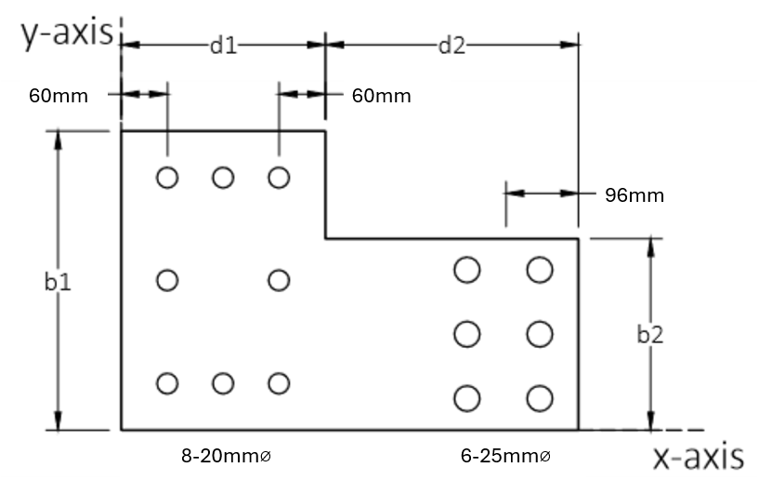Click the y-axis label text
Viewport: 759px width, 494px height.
tap(67, 33)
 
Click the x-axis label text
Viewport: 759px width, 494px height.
tap(699, 457)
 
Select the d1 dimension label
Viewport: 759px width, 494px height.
tap(224, 46)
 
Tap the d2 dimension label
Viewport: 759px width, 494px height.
tap(451, 46)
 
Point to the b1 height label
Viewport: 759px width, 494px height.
tap(58, 282)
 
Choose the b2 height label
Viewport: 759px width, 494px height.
tap(650, 335)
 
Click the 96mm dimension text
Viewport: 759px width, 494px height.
tap(635, 194)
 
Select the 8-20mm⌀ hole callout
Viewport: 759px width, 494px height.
tap(226, 456)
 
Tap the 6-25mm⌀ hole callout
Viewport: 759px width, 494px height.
tap(505, 456)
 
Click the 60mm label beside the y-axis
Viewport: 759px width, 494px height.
tap(59, 96)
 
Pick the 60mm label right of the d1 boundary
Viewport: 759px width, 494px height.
tap(382, 96)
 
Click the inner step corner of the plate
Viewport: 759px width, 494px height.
tap(325, 238)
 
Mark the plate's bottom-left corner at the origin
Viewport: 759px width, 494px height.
tap(121, 430)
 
